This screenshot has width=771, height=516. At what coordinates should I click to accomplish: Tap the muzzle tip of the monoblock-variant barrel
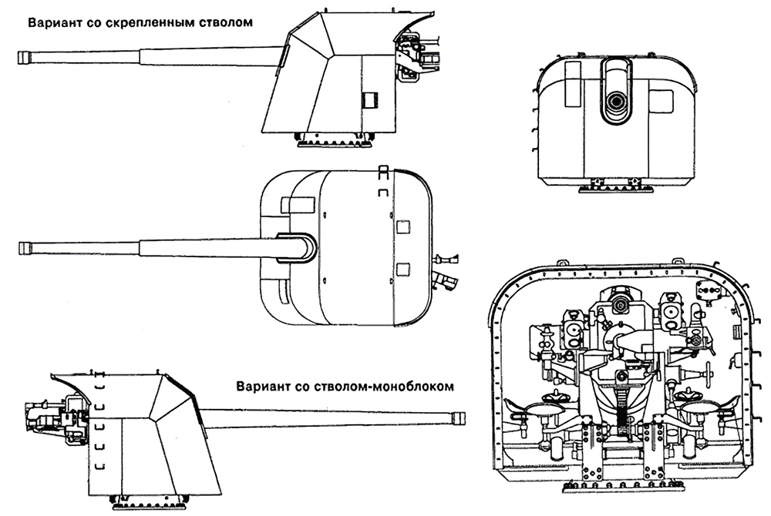(x=460, y=418)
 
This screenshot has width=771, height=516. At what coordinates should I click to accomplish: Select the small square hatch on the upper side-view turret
(x=371, y=100)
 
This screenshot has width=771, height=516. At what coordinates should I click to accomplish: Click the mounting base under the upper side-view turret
(x=335, y=139)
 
